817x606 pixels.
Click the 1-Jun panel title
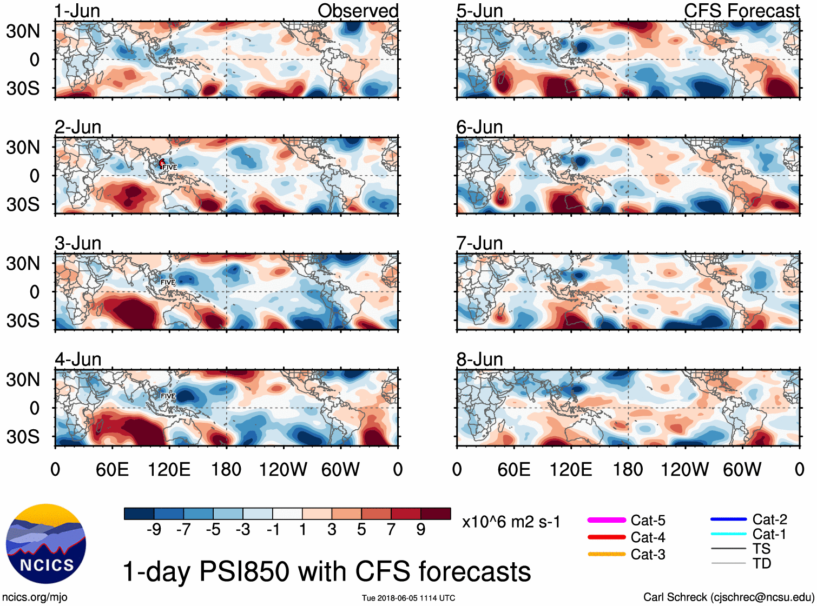77,11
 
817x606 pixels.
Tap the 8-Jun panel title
479,359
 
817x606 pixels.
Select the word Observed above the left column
358,11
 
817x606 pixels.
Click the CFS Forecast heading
741,11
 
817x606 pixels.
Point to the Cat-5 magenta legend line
607,520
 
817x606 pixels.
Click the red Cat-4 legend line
607,537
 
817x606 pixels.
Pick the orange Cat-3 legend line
607,554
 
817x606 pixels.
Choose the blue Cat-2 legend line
728,520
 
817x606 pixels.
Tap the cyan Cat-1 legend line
728,534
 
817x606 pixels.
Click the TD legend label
761,564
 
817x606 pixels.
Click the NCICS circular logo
46,544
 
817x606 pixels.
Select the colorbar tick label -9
154,530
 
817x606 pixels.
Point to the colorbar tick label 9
420,530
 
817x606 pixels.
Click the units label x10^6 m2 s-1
511,522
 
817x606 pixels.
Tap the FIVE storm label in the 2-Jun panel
169,168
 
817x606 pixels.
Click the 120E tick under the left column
169,469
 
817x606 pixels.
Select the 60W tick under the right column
742,469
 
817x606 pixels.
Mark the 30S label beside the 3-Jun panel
23,321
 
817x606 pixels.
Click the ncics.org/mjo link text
35,597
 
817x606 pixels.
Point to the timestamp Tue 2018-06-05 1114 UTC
408,598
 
